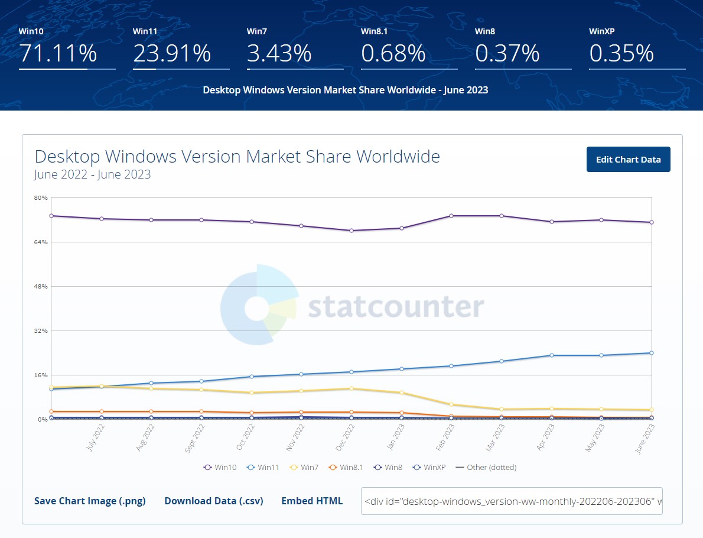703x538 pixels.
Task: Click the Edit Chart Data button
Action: pyautogui.click(x=628, y=160)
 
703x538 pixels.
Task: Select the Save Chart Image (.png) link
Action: pyautogui.click(x=90, y=501)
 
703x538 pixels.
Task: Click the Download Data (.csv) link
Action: pyautogui.click(x=213, y=501)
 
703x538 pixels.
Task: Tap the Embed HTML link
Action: pyautogui.click(x=312, y=501)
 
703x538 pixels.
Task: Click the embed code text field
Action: pyautogui.click(x=512, y=501)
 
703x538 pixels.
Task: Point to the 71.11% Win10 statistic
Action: pyautogui.click(x=58, y=53)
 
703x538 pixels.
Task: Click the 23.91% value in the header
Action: pyautogui.click(x=172, y=53)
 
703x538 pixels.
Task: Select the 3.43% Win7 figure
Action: pyautogui.click(x=279, y=53)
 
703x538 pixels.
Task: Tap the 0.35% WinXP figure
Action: pyautogui.click(x=621, y=53)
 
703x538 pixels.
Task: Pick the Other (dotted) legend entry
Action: pyautogui.click(x=486, y=467)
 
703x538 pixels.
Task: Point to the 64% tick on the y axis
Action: pyautogui.click(x=41, y=242)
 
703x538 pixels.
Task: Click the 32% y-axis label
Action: pyautogui.click(x=41, y=330)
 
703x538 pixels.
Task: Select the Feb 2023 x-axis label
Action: pyautogui.click(x=447, y=437)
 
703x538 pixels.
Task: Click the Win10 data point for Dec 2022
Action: pyautogui.click(x=351, y=231)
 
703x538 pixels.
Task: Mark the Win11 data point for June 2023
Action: pyautogui.click(x=651, y=353)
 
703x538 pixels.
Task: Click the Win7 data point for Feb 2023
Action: pyautogui.click(x=451, y=404)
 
